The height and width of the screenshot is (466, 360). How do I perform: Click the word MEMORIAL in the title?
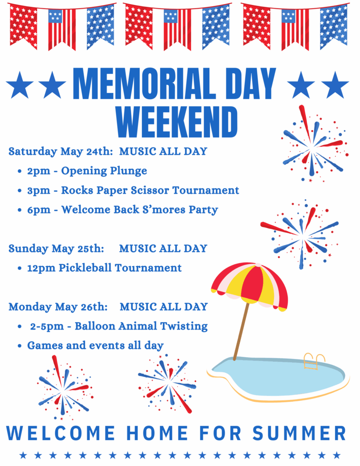[144, 84]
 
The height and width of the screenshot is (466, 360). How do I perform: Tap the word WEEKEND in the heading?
[177, 122]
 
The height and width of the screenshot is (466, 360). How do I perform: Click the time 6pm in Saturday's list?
[39, 210]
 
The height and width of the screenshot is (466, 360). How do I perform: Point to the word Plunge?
[128, 171]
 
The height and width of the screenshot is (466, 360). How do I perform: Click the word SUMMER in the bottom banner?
[299, 433]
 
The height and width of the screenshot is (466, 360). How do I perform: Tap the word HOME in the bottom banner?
[157, 433]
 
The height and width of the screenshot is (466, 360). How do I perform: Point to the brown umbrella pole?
[241, 331]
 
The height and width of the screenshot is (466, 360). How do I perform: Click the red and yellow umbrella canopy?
[250, 286]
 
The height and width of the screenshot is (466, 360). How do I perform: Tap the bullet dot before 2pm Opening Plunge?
[20, 172]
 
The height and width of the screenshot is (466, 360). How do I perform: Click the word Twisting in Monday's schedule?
[184, 326]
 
